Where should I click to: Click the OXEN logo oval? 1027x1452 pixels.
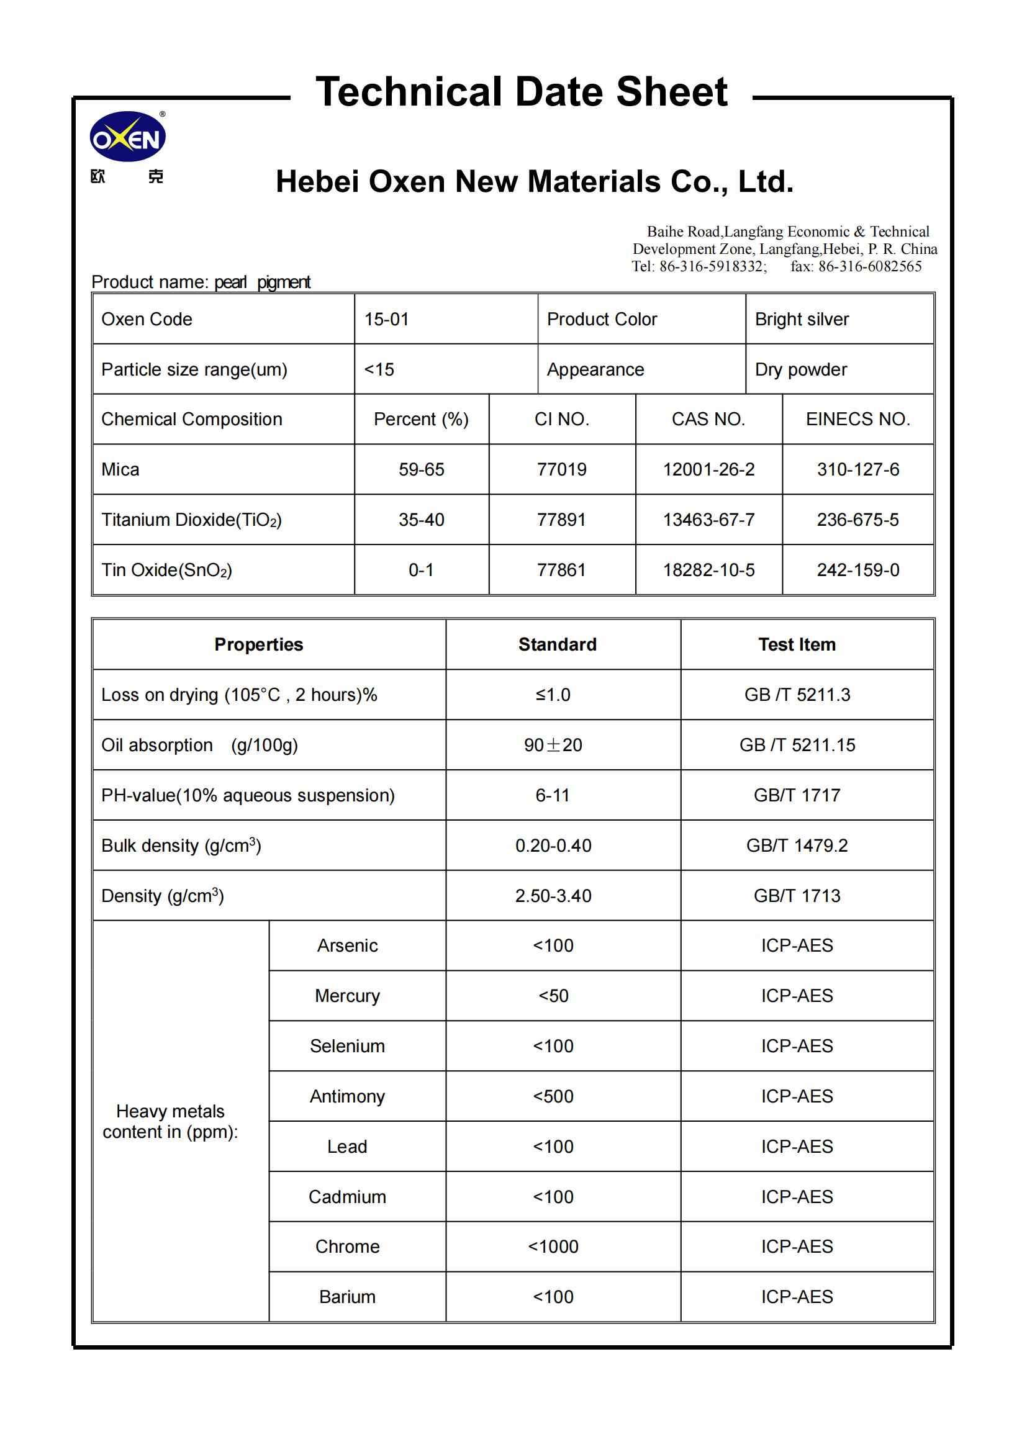click(x=128, y=137)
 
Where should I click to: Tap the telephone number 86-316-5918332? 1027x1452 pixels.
click(x=712, y=266)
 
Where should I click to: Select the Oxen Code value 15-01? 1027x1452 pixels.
click(x=386, y=319)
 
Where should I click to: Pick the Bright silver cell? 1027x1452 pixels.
click(x=801, y=319)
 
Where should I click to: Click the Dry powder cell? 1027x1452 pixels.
click(x=800, y=369)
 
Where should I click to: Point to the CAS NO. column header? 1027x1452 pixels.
click(x=708, y=419)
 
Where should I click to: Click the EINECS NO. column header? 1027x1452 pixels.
click(x=857, y=419)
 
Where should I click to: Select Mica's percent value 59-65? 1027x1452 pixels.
click(x=421, y=469)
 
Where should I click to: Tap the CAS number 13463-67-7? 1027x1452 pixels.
click(x=708, y=520)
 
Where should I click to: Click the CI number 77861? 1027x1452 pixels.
click(x=561, y=570)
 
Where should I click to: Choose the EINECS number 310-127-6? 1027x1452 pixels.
click(x=857, y=469)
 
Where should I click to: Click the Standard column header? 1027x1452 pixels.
click(x=557, y=644)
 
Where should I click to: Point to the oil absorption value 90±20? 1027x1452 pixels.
click(x=553, y=745)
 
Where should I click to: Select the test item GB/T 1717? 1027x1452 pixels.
click(x=797, y=795)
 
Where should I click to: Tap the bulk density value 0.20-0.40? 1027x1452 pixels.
click(x=553, y=845)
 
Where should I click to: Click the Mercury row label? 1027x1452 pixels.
click(x=347, y=995)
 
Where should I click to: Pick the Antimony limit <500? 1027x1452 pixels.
click(x=553, y=1096)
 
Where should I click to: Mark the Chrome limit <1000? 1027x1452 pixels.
click(x=553, y=1247)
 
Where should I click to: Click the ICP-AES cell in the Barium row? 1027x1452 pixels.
click(x=797, y=1296)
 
